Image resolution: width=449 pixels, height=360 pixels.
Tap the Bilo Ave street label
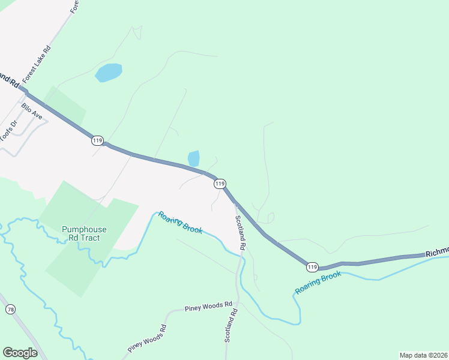click(x=31, y=111)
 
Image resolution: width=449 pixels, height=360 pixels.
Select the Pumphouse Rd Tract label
click(x=84, y=233)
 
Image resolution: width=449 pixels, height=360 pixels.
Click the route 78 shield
click(x=10, y=309)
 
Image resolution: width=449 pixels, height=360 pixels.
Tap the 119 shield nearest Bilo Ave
click(x=97, y=140)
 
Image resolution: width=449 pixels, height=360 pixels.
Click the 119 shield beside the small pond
click(x=220, y=184)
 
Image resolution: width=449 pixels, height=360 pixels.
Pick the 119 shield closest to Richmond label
click(x=312, y=266)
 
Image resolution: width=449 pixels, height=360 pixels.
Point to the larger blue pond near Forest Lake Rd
click(x=109, y=73)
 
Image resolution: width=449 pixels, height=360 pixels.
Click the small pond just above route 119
click(x=193, y=158)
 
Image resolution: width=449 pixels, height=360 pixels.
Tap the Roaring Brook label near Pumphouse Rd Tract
click(x=180, y=222)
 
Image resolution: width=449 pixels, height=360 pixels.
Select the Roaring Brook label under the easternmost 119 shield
click(x=318, y=283)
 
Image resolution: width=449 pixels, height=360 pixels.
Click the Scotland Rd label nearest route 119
click(x=240, y=232)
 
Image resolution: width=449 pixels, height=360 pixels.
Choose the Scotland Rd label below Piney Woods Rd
click(x=232, y=326)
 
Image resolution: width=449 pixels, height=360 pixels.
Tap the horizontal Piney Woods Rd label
click(x=208, y=305)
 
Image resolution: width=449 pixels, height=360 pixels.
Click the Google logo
click(x=20, y=353)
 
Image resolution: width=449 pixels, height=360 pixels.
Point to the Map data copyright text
click(x=423, y=355)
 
